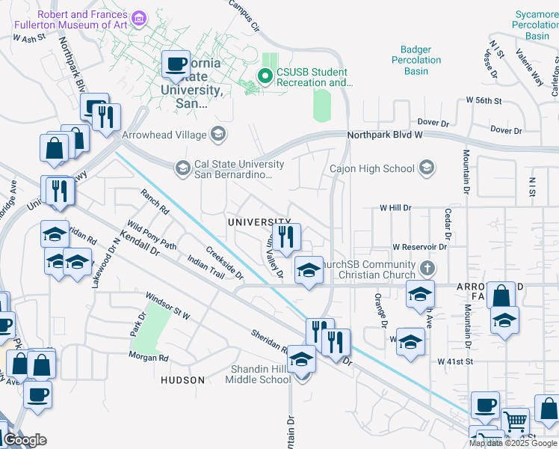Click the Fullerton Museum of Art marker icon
tap(138, 17)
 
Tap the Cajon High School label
tap(371, 168)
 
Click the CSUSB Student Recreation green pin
tap(264, 76)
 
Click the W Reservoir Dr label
tap(419, 246)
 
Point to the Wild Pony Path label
tap(152, 235)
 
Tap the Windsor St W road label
tap(168, 306)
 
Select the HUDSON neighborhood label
tap(182, 380)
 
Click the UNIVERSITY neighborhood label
tap(259, 222)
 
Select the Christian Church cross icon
tap(427, 267)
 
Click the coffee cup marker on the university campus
tap(176, 64)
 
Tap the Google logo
tap(25, 440)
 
